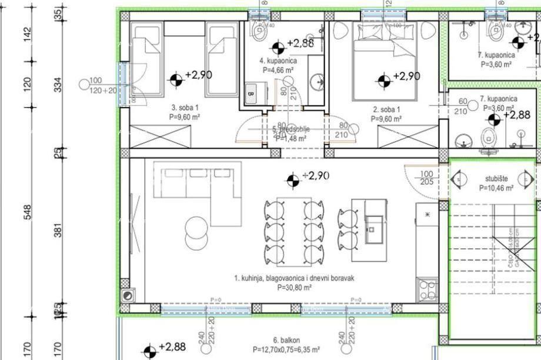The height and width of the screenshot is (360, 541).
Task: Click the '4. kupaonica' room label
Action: tap(278, 61)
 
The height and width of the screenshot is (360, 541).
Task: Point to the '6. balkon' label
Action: tap(286, 341)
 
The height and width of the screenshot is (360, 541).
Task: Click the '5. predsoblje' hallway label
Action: tap(290, 131)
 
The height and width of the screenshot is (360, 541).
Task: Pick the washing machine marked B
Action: tap(251, 93)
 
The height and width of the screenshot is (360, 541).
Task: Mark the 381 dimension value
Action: tap(58, 232)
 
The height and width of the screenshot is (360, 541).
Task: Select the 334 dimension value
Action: tap(58, 86)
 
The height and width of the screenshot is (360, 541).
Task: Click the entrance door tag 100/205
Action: tap(428, 178)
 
